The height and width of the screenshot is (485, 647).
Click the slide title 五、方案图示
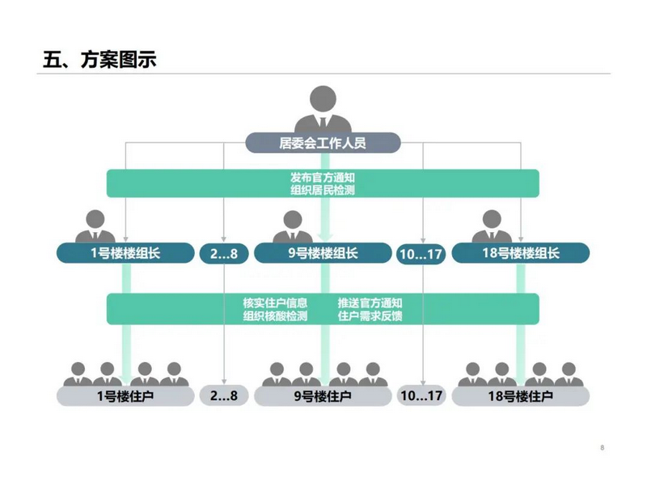[99, 60]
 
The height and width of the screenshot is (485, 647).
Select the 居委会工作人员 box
[323, 144]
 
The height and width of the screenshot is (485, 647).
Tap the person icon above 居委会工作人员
[323, 109]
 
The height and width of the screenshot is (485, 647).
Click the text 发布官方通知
[323, 177]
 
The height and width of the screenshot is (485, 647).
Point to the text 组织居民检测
[323, 191]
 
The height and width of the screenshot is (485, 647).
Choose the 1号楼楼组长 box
[125, 253]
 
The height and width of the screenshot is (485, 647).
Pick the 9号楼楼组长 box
[323, 253]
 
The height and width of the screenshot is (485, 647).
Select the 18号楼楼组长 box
[520, 253]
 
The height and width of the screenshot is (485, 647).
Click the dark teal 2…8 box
[224, 254]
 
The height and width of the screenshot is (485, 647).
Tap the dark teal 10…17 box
[421, 254]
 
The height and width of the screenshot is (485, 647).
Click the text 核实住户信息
[275, 302]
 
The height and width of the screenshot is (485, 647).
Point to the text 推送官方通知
[370, 302]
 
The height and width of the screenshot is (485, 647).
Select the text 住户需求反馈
[370, 316]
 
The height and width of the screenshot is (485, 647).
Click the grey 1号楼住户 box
[125, 396]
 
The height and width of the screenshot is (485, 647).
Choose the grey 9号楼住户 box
[323, 396]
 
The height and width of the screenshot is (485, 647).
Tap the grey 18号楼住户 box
[520, 396]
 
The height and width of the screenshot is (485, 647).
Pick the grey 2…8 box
[224, 396]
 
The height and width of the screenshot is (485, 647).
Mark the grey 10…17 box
[421, 396]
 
